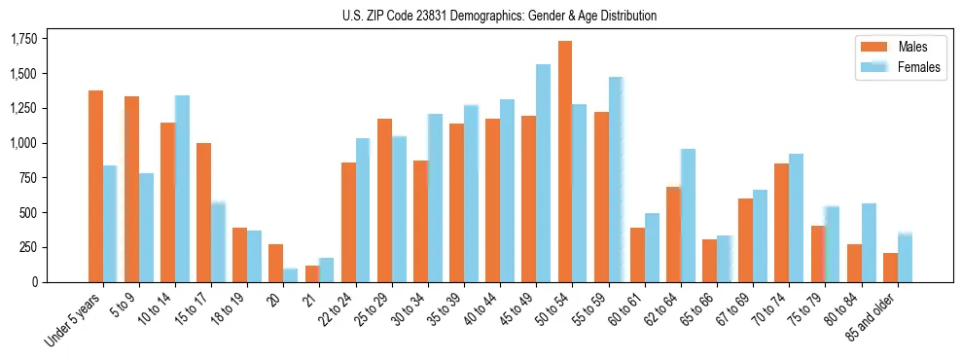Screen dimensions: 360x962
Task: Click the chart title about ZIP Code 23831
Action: (x=499, y=16)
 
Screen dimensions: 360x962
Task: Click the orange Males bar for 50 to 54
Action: (x=564, y=162)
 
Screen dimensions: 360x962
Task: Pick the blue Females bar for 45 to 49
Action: (x=543, y=173)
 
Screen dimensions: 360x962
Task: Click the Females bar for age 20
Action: (x=290, y=275)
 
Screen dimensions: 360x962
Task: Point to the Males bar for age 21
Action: (x=311, y=273)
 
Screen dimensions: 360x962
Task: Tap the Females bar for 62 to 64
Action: (x=687, y=215)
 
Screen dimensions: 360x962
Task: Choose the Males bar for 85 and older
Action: (x=889, y=268)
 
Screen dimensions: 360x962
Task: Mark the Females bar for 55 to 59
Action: (x=615, y=179)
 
